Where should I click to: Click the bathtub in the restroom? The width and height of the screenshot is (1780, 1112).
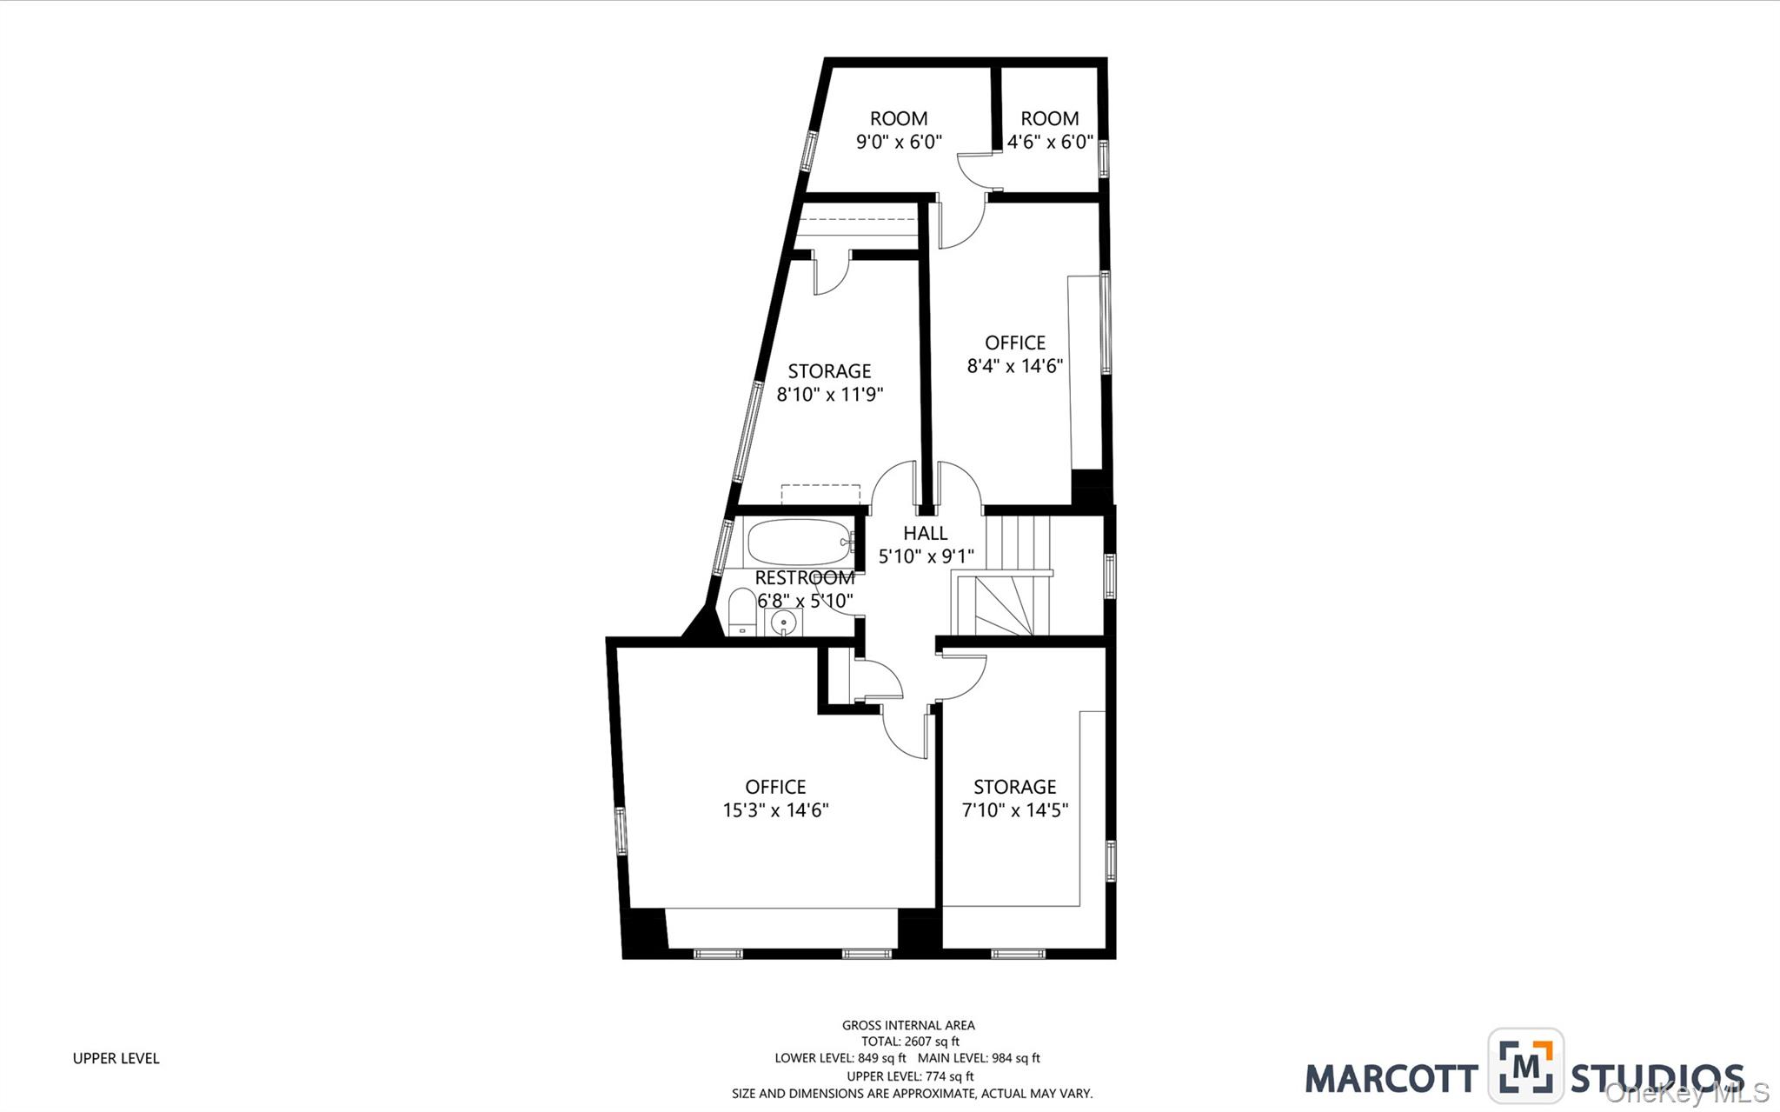tap(798, 543)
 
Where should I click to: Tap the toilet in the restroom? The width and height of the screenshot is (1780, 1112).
tap(741, 612)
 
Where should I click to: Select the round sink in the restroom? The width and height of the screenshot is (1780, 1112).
tap(784, 623)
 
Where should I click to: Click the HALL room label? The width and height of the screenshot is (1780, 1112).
tap(925, 533)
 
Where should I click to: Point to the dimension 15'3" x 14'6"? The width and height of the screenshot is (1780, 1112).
tap(775, 810)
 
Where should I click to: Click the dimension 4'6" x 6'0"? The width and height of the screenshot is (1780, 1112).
tap(1050, 142)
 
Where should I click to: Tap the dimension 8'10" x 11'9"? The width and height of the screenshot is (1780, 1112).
tap(829, 395)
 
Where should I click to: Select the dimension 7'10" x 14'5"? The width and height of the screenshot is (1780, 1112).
tap(1014, 810)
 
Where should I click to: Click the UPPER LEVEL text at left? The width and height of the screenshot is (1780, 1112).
tap(116, 1058)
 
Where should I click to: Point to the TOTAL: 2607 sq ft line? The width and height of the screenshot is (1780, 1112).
tap(910, 1042)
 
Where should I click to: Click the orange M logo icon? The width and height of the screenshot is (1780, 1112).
tap(1525, 1066)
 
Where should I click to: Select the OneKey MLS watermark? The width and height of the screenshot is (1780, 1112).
tap(1686, 1093)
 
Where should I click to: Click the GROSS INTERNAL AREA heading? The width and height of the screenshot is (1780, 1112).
tap(908, 1025)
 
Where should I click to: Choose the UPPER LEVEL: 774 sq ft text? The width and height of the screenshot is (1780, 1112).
tap(910, 1076)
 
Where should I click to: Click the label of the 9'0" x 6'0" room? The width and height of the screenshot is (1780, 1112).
tap(899, 118)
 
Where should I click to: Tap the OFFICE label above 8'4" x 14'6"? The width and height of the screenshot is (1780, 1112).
tap(1014, 343)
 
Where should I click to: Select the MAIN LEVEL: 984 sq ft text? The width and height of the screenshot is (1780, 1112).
tap(979, 1059)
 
